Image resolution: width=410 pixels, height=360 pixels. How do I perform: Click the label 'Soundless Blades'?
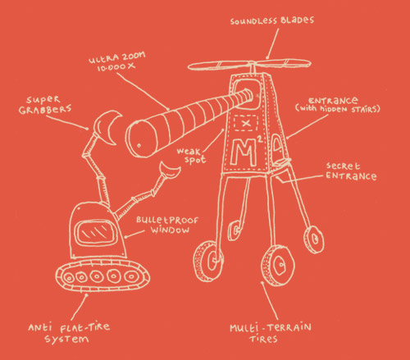point(272,21)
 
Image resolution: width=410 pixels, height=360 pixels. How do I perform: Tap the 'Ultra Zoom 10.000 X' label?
point(117,62)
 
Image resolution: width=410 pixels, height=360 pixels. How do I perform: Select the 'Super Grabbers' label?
point(45,105)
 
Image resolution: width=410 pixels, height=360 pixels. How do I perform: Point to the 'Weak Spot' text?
point(192,155)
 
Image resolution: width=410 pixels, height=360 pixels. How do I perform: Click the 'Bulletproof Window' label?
point(167,226)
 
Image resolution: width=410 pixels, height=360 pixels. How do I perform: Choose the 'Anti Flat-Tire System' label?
point(69,333)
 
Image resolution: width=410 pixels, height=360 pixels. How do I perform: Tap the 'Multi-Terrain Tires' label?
point(270,333)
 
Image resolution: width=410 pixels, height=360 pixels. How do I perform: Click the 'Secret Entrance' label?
point(351,171)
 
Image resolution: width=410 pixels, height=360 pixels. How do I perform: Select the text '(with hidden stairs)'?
point(338,109)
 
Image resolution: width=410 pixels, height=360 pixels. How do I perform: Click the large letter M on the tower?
point(244,153)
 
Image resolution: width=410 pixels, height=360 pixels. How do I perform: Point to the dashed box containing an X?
point(246,123)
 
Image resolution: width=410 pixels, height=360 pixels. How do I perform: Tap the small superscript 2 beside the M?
point(260,139)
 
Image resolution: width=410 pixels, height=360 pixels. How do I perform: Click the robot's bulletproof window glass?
point(95,233)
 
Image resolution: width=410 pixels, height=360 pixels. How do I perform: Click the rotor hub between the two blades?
point(252,64)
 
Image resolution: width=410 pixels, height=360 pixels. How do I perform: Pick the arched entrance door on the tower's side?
point(278,148)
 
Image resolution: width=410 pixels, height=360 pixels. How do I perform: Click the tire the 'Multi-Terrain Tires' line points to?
point(278,265)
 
